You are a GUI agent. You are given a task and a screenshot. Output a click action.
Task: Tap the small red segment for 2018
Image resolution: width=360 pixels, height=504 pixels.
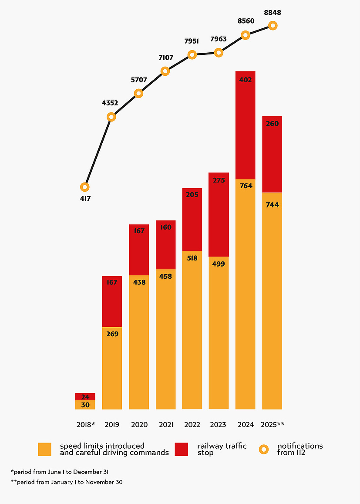85,396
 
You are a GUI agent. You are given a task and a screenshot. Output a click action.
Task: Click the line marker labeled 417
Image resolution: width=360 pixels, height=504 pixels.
85,187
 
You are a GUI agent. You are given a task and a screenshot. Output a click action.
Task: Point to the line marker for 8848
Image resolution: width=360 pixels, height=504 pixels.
273,26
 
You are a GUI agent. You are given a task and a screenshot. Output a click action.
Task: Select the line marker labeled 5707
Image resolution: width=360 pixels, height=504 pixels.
138,93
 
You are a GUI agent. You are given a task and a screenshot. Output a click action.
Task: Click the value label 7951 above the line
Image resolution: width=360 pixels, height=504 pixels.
192,41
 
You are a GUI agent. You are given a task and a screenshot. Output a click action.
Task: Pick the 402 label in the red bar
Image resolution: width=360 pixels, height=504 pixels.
245,80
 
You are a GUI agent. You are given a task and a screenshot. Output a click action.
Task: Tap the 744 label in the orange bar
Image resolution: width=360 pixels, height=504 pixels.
272,205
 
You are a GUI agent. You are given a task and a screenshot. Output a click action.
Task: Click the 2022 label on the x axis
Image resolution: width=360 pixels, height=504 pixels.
192,425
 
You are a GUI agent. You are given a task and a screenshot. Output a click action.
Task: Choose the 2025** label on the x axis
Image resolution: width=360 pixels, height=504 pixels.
273,425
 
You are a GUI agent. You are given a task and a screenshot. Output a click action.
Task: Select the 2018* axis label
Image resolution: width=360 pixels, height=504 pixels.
85,425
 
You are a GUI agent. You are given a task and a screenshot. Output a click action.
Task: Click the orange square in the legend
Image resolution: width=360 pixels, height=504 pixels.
44,449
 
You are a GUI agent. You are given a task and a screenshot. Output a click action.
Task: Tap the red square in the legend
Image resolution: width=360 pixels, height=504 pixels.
181,449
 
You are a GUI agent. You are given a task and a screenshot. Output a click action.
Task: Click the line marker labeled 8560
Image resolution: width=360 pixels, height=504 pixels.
246,35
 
